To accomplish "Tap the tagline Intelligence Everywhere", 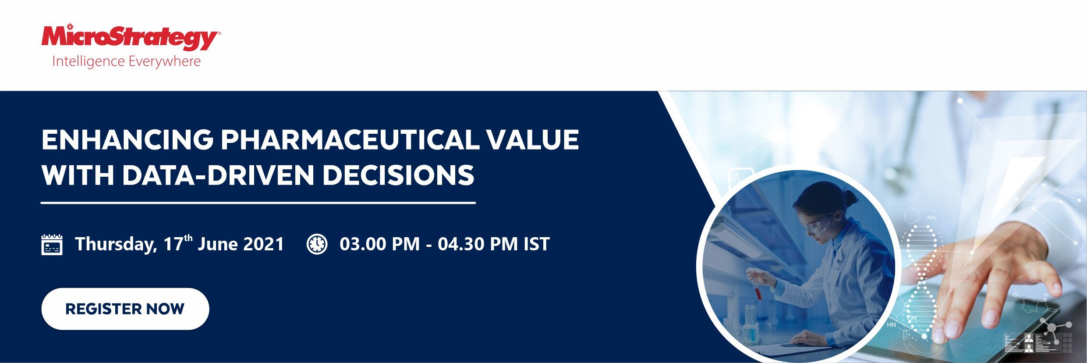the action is [126, 61].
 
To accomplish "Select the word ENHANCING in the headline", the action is [127, 140].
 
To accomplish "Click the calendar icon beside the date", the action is [52, 245].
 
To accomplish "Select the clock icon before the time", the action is [317, 244].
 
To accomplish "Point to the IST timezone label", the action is [537, 244].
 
